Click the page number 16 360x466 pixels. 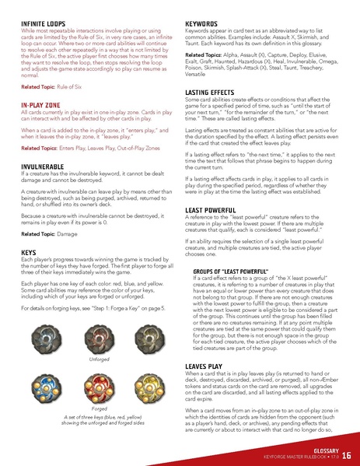click(x=347, y=455)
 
